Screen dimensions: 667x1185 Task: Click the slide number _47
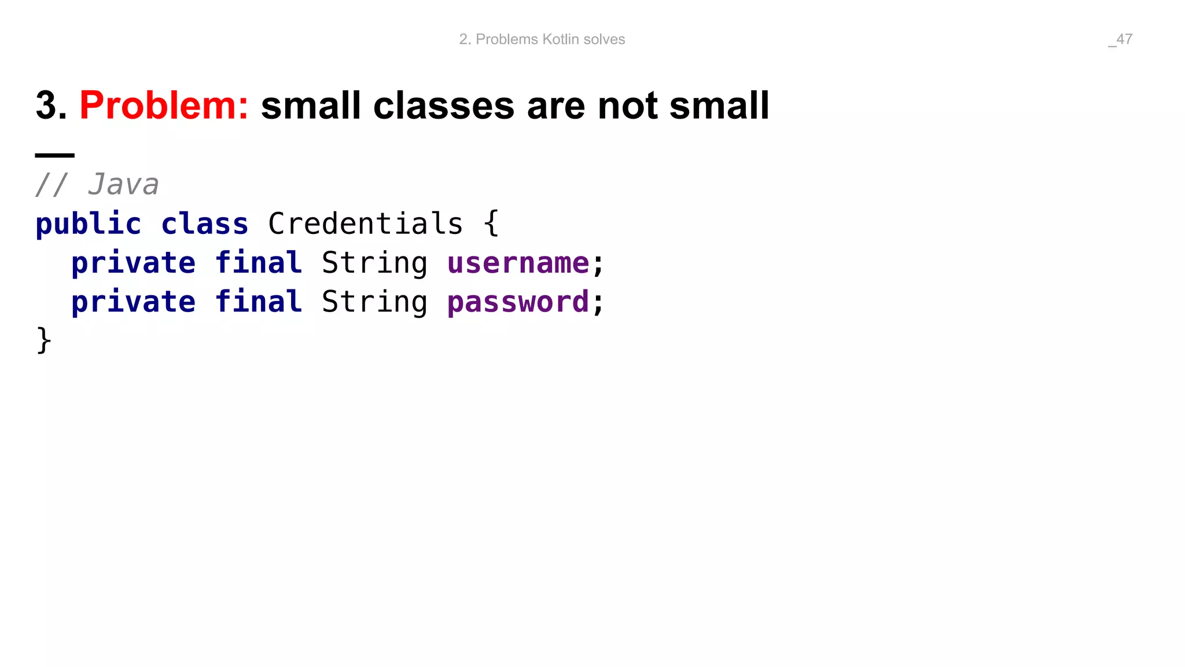point(1120,39)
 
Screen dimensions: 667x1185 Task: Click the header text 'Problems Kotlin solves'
point(550,39)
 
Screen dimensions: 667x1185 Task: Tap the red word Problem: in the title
point(164,106)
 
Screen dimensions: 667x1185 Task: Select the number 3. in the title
point(51,106)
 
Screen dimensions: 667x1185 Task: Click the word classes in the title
point(443,106)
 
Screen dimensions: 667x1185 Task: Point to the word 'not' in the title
point(627,106)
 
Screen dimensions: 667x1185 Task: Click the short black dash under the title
point(55,155)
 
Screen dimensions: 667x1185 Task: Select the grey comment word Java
point(123,185)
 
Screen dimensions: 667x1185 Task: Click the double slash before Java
point(52,185)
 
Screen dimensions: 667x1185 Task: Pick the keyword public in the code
point(88,224)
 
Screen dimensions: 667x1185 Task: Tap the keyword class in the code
point(204,224)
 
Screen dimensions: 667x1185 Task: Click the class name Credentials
point(365,224)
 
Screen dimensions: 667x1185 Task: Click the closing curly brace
point(44,340)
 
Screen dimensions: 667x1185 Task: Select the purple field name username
point(518,263)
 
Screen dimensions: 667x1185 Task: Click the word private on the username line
point(133,263)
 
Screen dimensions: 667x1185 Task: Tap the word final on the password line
point(258,302)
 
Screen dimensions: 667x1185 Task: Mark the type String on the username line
point(374,263)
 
